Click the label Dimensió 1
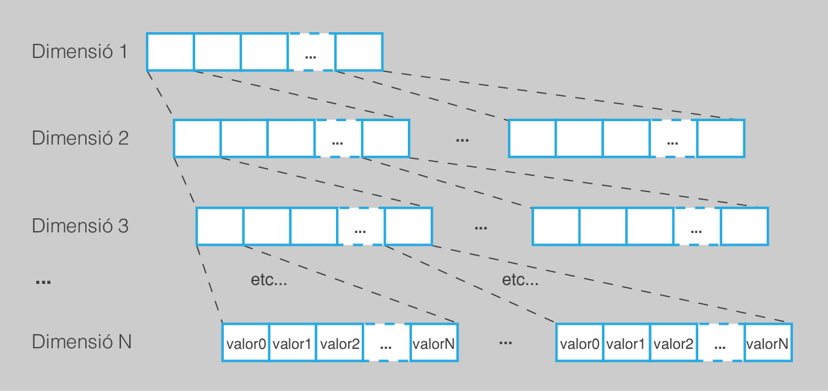[x=79, y=52]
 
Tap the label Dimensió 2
[x=79, y=139]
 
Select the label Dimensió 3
[x=79, y=226]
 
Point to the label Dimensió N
[x=81, y=342]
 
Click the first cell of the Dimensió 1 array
[x=170, y=52]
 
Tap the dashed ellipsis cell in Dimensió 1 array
[x=311, y=52]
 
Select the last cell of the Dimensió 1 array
[x=359, y=52]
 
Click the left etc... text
[x=269, y=280]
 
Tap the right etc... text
[x=520, y=280]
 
